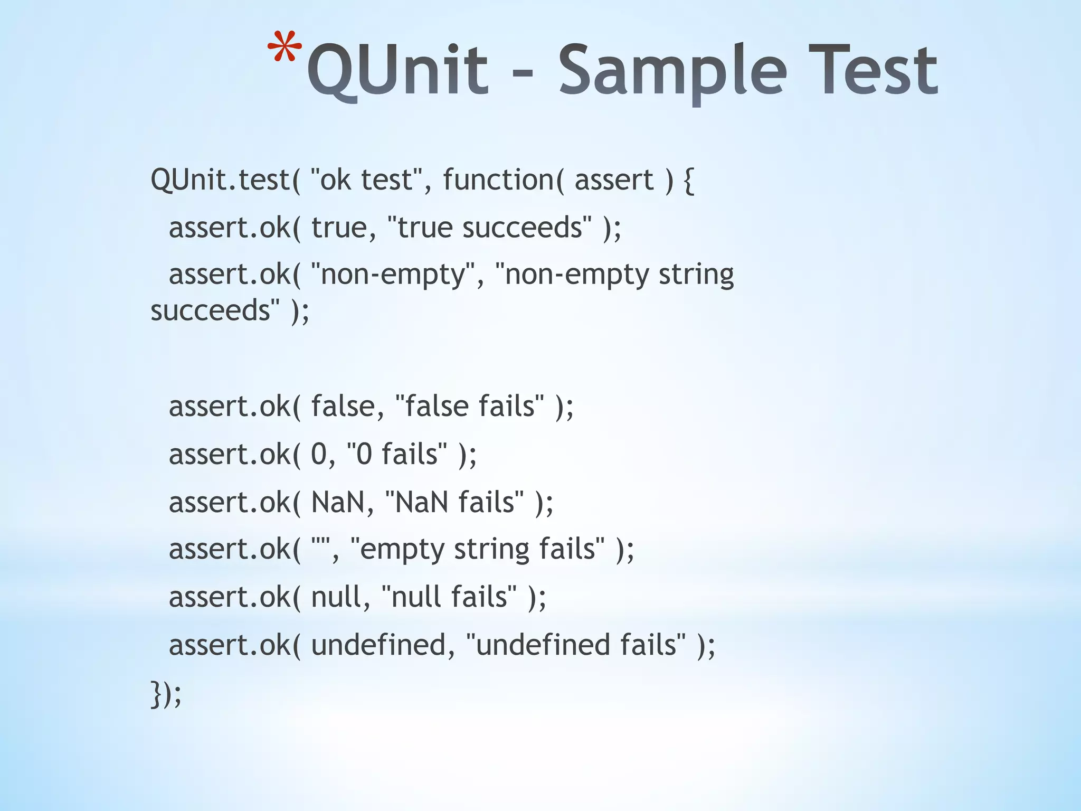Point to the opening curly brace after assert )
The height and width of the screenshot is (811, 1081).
(x=689, y=181)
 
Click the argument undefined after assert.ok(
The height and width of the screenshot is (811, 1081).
(x=378, y=645)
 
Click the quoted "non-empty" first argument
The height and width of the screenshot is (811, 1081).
(x=393, y=275)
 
